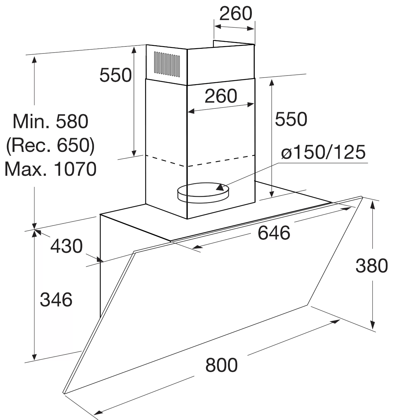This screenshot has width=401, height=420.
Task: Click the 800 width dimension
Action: pos(222,365)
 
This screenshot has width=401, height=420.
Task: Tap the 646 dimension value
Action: pos(274,233)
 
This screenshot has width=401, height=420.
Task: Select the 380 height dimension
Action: pos(372,266)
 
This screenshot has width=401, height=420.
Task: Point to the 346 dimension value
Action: pos(56,300)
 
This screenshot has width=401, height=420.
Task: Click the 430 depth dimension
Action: pos(67,246)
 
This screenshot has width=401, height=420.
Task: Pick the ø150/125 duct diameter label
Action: pos(323,152)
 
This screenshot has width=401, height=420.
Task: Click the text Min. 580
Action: pos(50,122)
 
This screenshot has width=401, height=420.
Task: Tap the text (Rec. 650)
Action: pos(50,145)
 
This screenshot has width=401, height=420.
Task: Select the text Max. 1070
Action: pos(50,169)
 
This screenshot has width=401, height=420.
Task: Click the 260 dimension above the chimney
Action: pos(236,13)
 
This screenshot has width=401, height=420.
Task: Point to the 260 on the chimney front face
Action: pos(221,96)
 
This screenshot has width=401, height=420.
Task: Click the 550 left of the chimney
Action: pos(115,75)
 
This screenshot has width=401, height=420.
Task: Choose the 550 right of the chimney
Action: pos(291,119)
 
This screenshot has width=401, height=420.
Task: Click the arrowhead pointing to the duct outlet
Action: pos(220,187)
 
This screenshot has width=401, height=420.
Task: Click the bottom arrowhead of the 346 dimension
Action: pos(34,357)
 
